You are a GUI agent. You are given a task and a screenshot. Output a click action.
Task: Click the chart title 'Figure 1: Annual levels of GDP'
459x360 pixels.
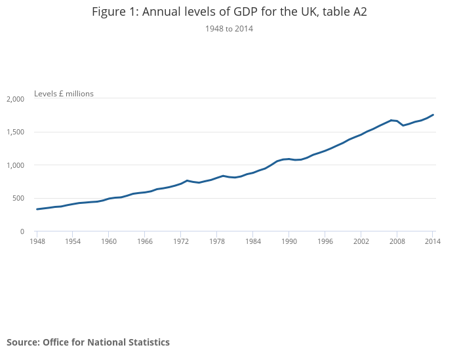[x=229, y=12]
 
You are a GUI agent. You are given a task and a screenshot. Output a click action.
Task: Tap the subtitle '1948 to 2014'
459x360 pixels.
[x=229, y=29]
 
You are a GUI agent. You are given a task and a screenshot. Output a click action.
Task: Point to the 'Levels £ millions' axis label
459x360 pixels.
[x=64, y=94]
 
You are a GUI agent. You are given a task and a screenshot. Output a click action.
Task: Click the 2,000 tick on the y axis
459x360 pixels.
[x=15, y=99]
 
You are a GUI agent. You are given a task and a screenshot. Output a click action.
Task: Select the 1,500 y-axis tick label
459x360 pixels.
[x=15, y=132]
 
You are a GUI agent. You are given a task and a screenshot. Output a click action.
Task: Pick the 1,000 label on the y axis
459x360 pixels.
[x=15, y=165]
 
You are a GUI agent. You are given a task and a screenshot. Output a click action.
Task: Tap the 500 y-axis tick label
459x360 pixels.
[x=18, y=199]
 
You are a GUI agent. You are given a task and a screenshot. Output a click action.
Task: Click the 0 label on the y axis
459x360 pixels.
[x=22, y=231]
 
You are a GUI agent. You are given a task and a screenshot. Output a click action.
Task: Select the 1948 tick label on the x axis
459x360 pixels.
[x=37, y=242]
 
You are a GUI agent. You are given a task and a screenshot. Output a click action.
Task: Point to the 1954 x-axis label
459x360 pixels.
[x=73, y=242]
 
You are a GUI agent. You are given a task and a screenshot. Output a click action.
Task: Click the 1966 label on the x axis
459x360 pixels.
[x=145, y=242]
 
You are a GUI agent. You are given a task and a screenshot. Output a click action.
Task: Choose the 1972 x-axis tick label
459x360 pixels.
[x=181, y=242]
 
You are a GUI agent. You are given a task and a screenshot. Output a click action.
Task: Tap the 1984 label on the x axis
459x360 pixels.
[x=253, y=242]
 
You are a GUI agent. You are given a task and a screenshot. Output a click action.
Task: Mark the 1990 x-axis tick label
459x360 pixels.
[x=289, y=242]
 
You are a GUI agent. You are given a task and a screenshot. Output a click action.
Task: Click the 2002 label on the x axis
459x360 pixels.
[x=361, y=242]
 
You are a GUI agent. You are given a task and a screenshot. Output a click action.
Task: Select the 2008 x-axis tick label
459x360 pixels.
[x=397, y=242]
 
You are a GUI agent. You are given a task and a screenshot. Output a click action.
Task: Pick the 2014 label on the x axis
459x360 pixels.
[x=432, y=242]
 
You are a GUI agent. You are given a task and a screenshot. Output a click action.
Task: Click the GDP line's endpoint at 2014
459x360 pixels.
[x=433, y=115]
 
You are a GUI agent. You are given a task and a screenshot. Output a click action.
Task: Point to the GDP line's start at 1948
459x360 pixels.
[x=37, y=209]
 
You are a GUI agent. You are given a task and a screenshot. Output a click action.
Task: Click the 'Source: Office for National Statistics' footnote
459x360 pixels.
[x=88, y=342]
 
